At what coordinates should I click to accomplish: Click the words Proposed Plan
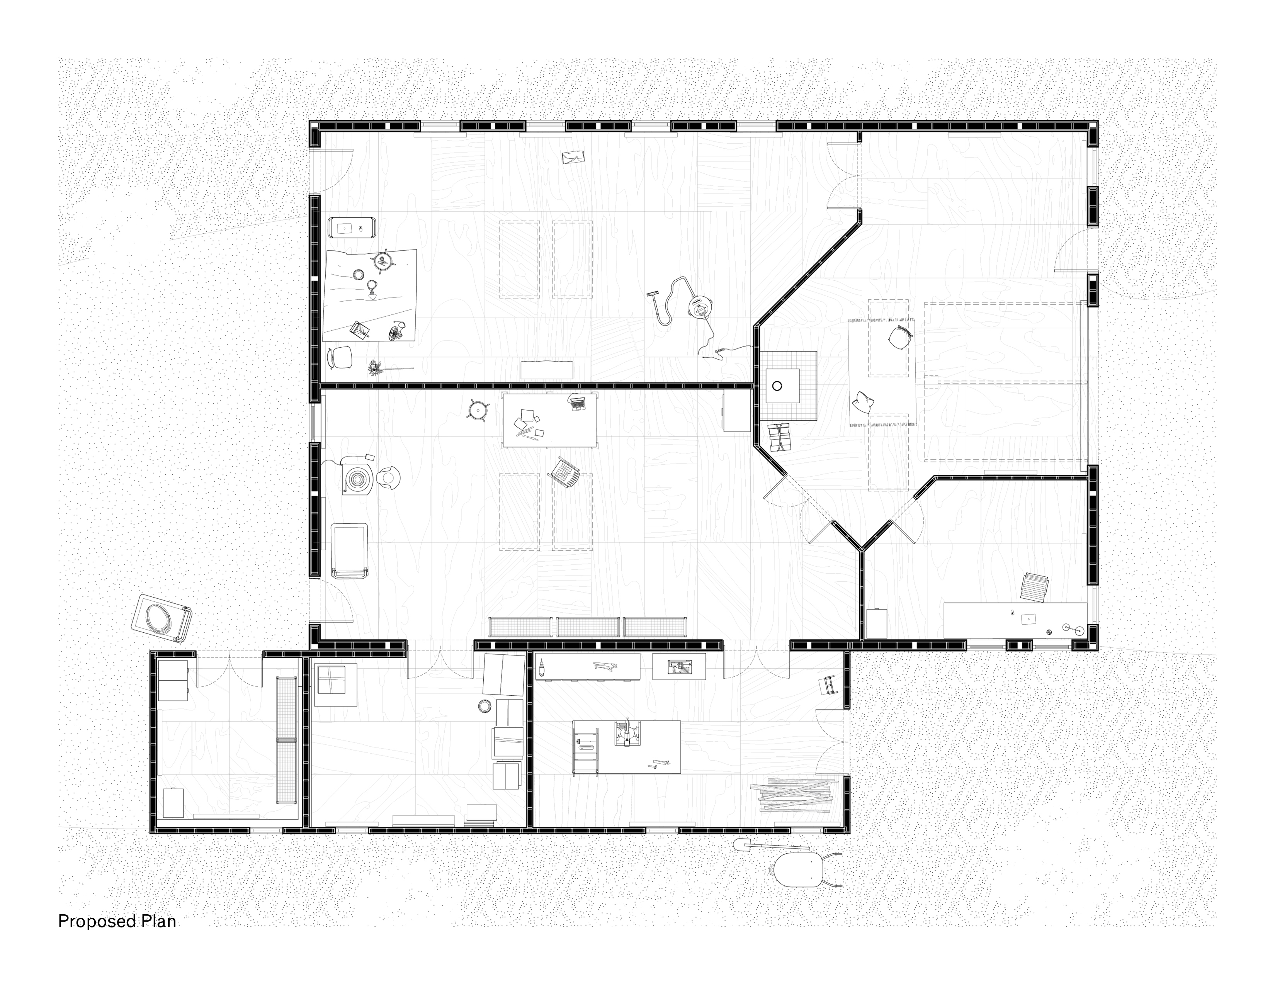coord(117,921)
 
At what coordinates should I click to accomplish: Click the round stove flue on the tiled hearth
coord(777,386)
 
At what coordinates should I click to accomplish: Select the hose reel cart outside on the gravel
coord(162,619)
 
